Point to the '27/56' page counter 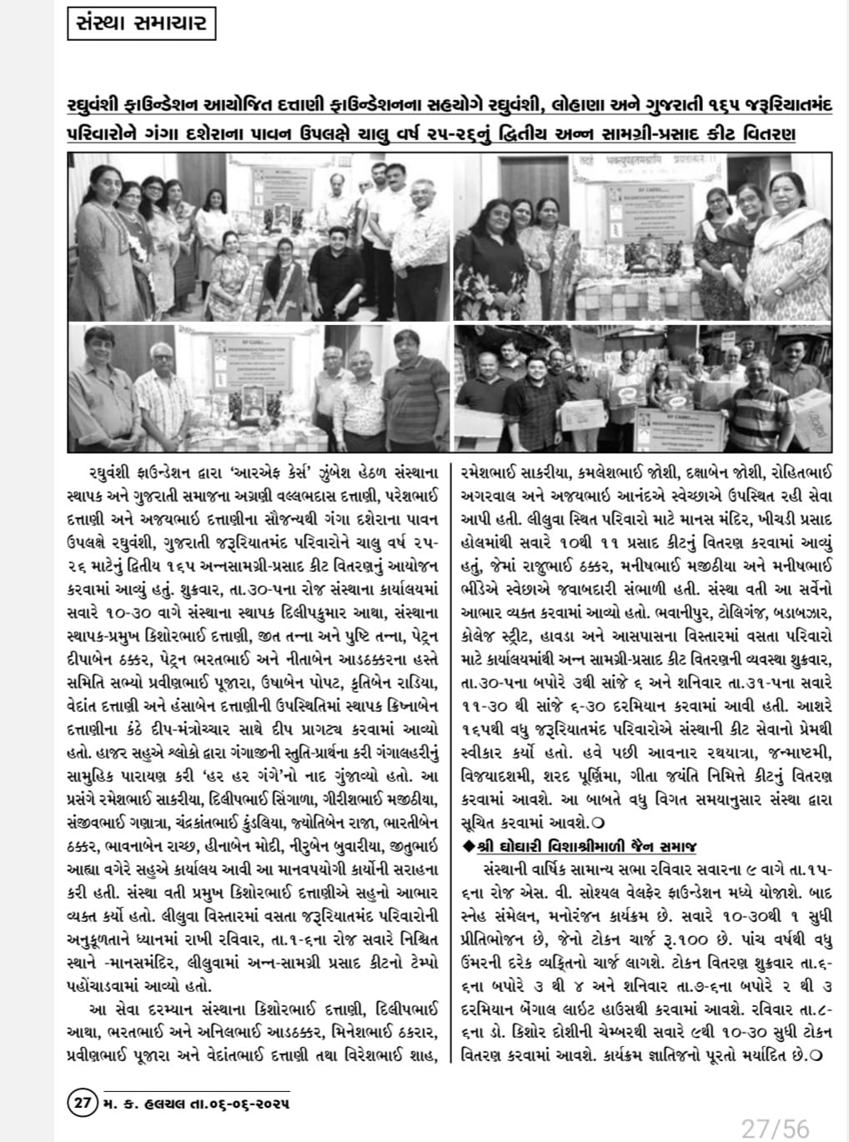[775, 1128]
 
